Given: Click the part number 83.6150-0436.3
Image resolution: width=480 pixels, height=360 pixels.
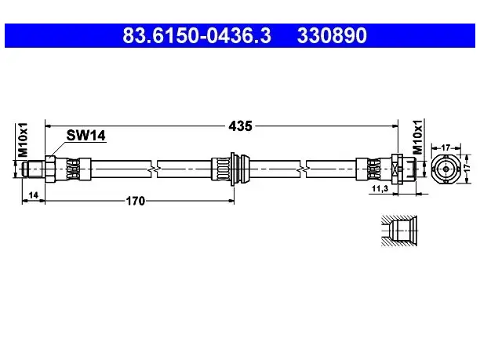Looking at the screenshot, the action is [197, 35].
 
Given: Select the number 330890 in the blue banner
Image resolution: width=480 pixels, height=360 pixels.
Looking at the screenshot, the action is [332, 35].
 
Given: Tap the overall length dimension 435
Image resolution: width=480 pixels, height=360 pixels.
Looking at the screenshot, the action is [240, 125].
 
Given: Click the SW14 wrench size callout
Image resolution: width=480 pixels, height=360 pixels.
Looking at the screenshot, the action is [86, 136].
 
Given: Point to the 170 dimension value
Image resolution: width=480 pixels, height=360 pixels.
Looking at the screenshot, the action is [136, 201].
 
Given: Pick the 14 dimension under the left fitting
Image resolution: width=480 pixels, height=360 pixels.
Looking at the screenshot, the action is [34, 195].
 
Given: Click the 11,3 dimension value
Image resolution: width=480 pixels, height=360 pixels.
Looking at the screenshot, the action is [380, 188].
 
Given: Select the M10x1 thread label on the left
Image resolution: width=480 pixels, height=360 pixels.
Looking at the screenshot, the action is [23, 140].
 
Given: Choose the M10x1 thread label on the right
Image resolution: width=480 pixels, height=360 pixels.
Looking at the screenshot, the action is [417, 136].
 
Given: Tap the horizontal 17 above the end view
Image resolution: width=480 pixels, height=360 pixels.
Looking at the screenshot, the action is [445, 148].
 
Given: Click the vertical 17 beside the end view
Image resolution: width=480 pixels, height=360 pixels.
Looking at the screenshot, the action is [467, 168].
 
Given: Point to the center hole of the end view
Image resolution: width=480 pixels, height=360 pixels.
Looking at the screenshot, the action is [445, 169].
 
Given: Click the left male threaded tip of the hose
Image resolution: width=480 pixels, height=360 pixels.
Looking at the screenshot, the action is [34, 169].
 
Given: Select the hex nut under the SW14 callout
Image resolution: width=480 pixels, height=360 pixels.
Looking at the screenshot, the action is [50, 169].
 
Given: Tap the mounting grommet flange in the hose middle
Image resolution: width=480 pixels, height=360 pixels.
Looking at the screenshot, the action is [234, 169].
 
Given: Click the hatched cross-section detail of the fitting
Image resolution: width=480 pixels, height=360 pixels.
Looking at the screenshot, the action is [399, 231].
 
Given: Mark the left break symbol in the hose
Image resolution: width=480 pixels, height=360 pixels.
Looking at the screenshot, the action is [154, 169].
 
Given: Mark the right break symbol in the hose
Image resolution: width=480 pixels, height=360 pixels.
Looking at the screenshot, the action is [303, 169].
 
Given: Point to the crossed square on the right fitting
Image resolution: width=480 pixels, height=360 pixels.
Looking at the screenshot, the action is [396, 169].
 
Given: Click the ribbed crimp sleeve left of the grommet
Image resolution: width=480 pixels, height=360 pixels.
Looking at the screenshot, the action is [220, 169].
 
